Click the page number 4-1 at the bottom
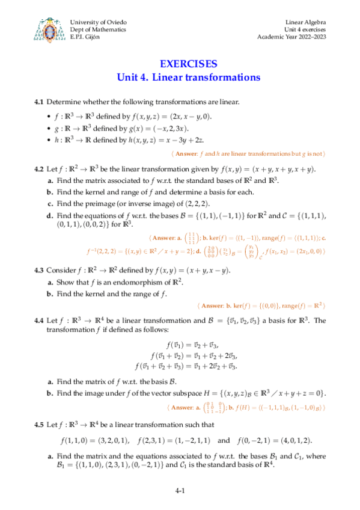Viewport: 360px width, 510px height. pyautogui.click(x=180, y=491)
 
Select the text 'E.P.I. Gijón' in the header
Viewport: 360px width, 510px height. pyautogui.click(x=86, y=37)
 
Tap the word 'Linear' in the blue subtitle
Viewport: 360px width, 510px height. pyautogui.click(x=169, y=77)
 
